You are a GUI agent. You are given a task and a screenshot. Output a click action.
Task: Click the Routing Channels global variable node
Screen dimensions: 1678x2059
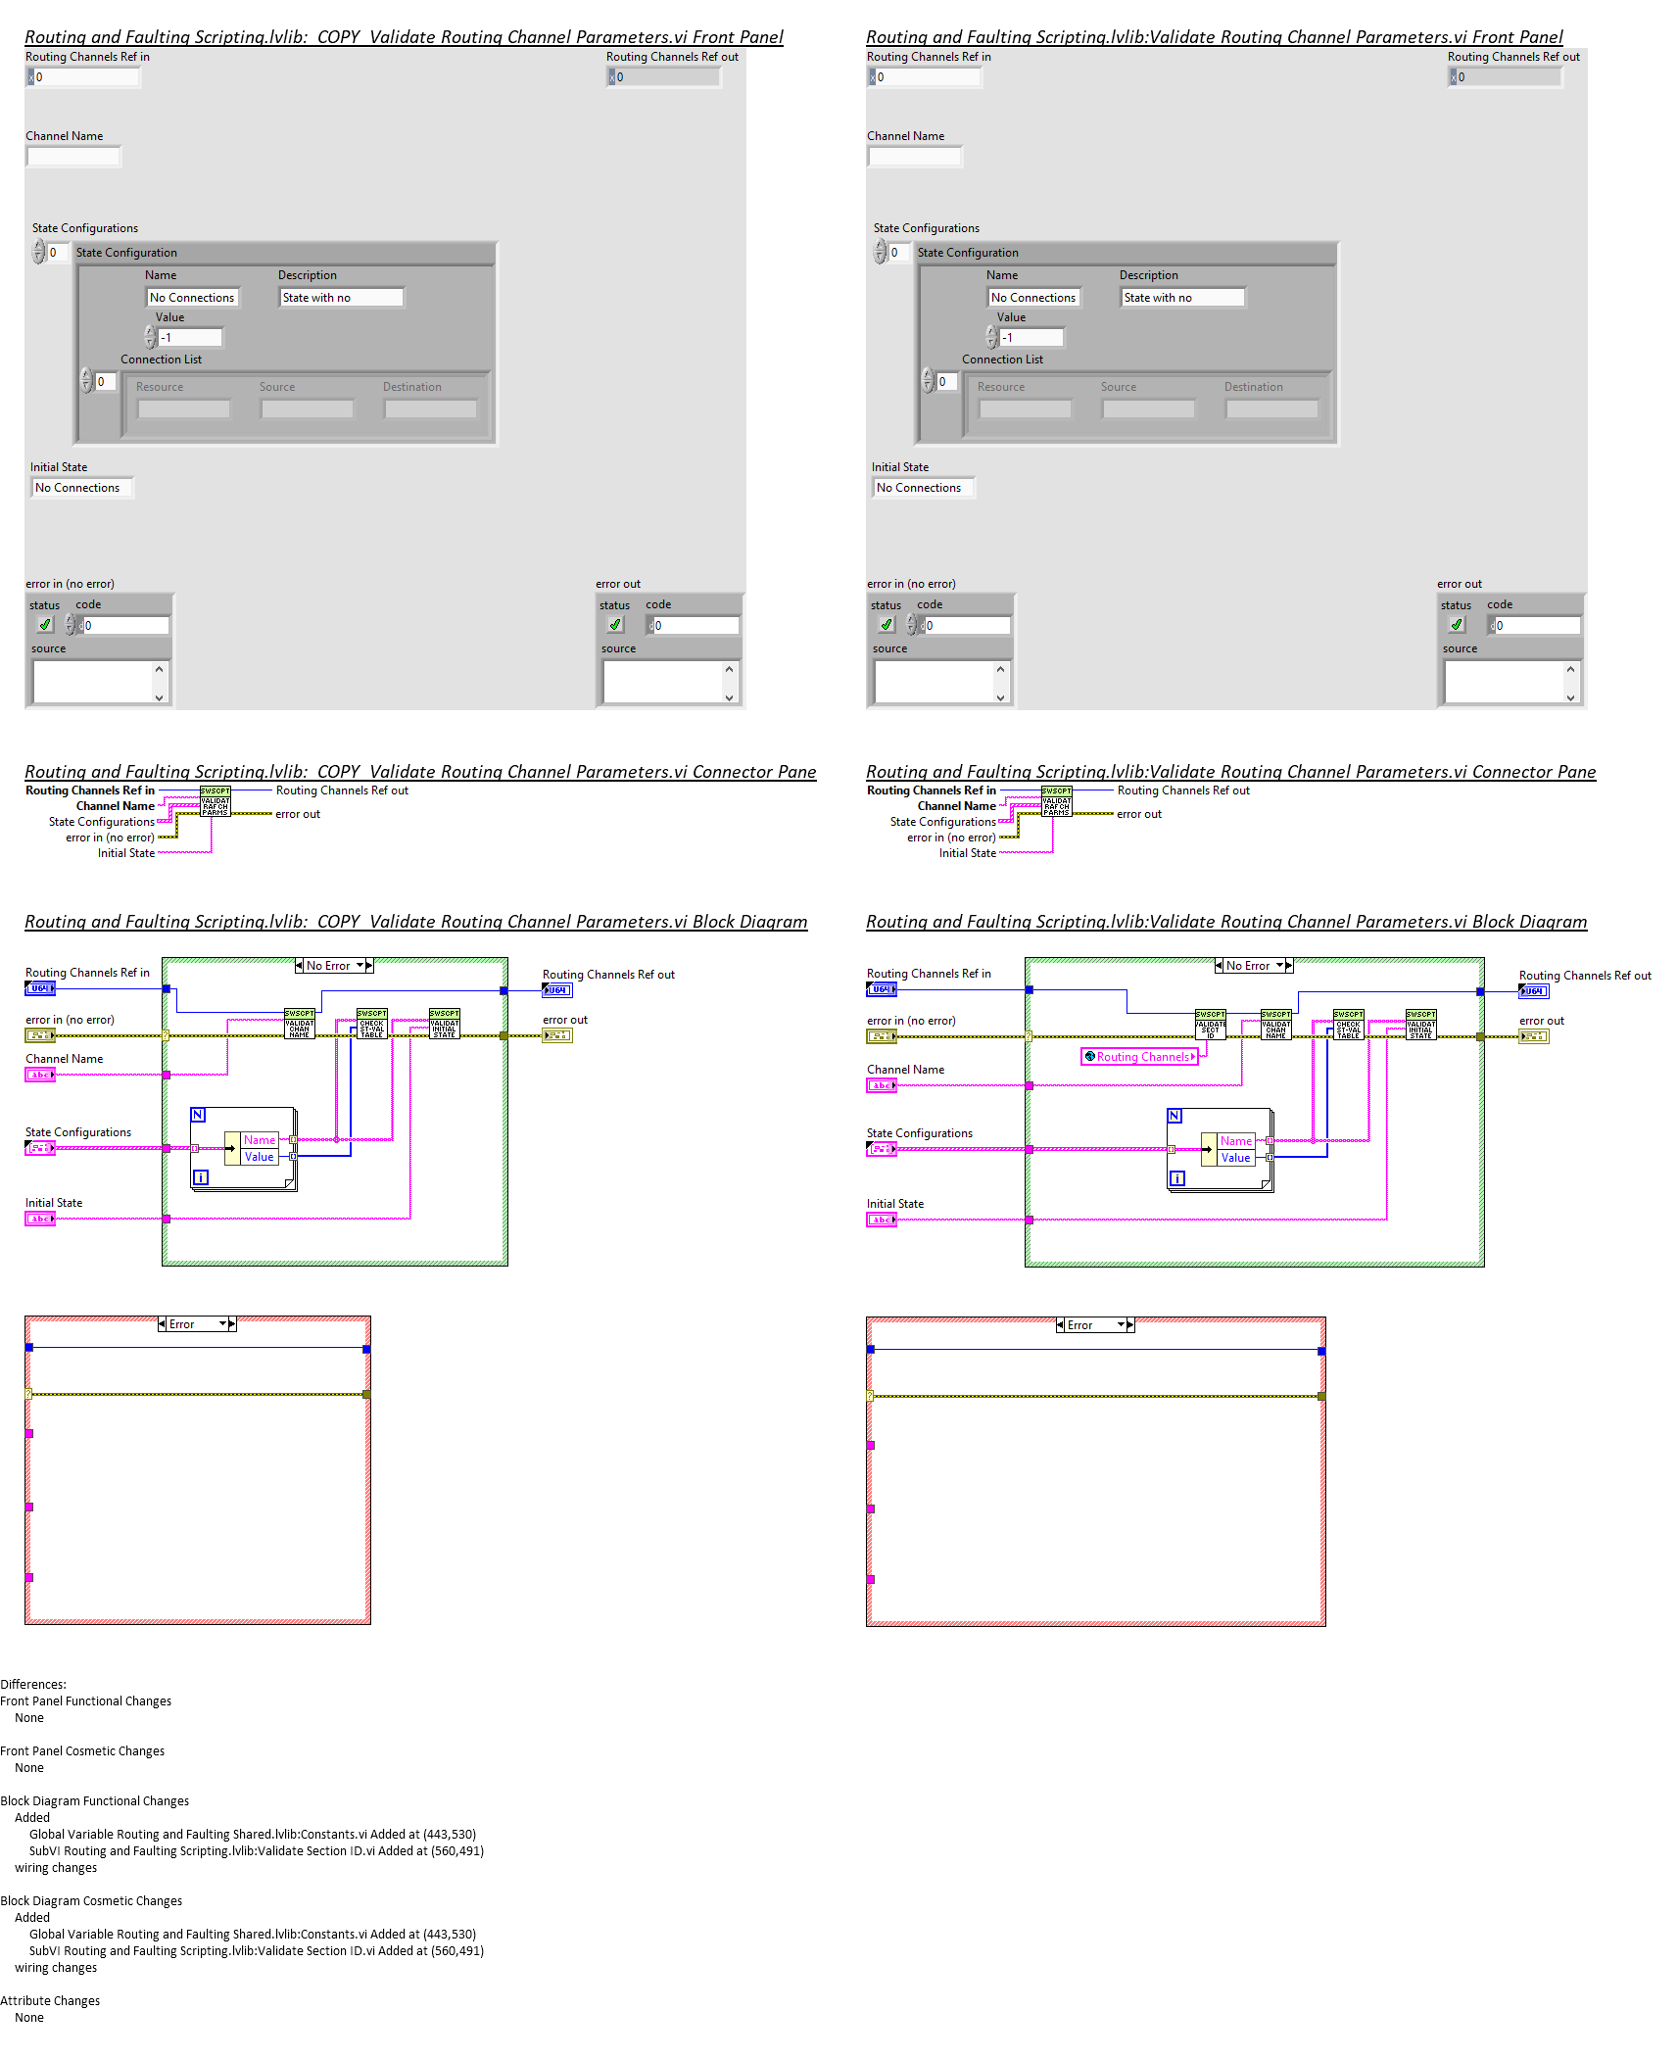(x=1140, y=1057)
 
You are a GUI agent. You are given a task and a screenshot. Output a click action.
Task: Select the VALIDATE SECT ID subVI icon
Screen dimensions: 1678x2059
(x=1210, y=1025)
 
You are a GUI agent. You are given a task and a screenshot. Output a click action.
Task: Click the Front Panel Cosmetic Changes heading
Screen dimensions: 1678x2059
(x=82, y=1751)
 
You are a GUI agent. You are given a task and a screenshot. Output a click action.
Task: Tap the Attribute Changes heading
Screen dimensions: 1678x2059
(x=50, y=2001)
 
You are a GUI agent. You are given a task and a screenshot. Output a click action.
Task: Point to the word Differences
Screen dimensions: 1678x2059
(x=33, y=1685)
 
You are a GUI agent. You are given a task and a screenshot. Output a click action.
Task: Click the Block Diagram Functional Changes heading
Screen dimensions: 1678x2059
(x=95, y=1801)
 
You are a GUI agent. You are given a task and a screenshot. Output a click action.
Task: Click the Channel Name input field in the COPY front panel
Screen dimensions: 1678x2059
(x=73, y=157)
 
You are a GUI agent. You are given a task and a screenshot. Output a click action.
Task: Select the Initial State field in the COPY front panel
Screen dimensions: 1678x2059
(x=81, y=488)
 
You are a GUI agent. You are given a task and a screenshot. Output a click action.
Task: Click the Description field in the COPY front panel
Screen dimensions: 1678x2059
(x=341, y=298)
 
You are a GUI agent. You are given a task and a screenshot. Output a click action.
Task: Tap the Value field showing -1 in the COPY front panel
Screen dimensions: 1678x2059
(x=190, y=338)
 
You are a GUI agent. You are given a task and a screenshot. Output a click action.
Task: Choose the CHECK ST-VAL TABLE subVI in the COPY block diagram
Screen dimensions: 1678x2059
(x=371, y=1025)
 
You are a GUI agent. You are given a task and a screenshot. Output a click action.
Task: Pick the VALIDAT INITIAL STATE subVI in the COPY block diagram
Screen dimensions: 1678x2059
(x=444, y=1025)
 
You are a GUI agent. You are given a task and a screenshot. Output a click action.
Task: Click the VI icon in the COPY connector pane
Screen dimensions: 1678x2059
(x=215, y=801)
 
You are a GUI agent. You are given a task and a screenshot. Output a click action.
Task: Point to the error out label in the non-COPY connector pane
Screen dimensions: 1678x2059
(x=1139, y=814)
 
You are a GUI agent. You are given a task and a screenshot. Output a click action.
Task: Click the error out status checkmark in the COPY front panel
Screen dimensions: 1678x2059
(x=615, y=625)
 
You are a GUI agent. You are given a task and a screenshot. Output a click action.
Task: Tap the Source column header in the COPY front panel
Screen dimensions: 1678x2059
(x=277, y=387)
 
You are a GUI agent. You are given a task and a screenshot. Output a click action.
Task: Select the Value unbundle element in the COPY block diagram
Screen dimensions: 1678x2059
(x=259, y=1157)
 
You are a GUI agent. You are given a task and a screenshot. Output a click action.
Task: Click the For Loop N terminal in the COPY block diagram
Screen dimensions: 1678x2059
(x=198, y=1115)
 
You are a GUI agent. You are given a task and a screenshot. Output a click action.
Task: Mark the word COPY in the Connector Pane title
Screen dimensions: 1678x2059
(x=339, y=772)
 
